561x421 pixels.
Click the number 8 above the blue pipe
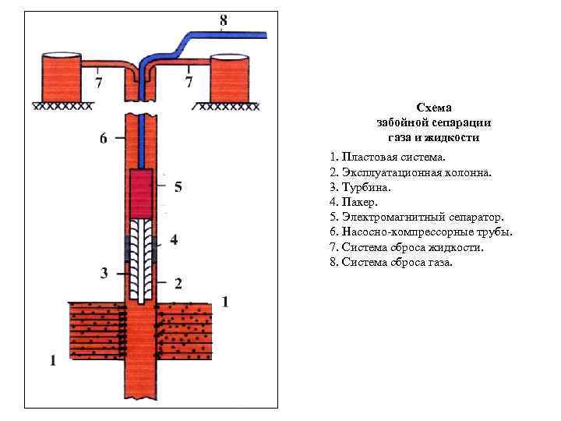click(x=224, y=21)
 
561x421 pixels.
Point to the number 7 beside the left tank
click(x=98, y=80)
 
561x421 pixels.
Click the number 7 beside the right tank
click(x=189, y=80)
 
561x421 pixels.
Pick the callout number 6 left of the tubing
click(x=104, y=139)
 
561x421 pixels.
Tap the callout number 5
click(x=178, y=187)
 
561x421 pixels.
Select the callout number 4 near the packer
click(x=173, y=240)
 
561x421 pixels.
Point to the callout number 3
click(x=104, y=272)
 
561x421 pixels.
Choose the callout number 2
click(x=178, y=282)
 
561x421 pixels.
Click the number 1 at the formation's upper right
click(x=225, y=302)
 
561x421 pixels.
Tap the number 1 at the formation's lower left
click(x=53, y=360)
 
